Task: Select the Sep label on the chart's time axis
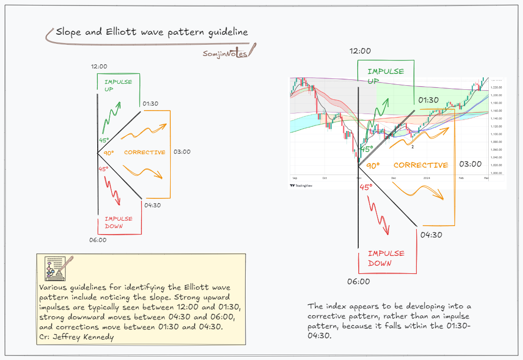point(295,178)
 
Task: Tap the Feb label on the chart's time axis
point(461,178)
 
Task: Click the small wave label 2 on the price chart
point(412,146)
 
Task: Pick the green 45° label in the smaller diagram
point(104,140)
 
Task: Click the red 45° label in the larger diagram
point(366,187)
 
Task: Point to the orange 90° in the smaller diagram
point(109,153)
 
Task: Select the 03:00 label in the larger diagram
point(470,164)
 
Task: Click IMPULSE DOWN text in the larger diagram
point(386,258)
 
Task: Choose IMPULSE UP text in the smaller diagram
point(118,85)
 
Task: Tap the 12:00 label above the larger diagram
point(360,51)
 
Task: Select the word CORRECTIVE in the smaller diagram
point(144,152)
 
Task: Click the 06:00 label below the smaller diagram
point(98,240)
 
